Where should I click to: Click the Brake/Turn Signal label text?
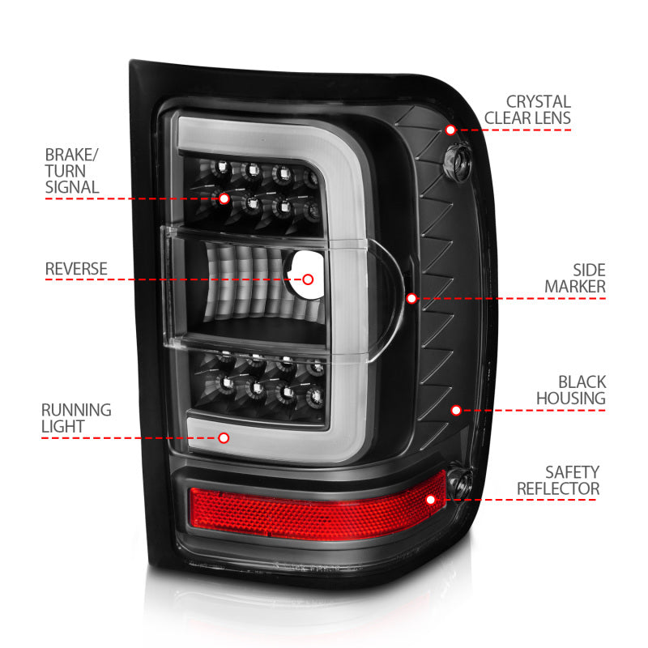pos(72,170)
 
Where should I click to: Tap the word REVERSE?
pos(75,268)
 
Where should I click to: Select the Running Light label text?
pos(78,418)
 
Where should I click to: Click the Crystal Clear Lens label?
pos(527,110)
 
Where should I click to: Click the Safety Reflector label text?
pos(558,480)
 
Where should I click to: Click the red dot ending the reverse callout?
pos(308,279)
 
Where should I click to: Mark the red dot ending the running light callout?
pos(224,438)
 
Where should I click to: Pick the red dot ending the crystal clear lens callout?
pos(450,130)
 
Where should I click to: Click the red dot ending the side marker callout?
pos(411,298)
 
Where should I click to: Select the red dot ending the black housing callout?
pos(456,411)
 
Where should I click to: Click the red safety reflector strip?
pos(308,506)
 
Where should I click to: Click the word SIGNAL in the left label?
pos(72,187)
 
